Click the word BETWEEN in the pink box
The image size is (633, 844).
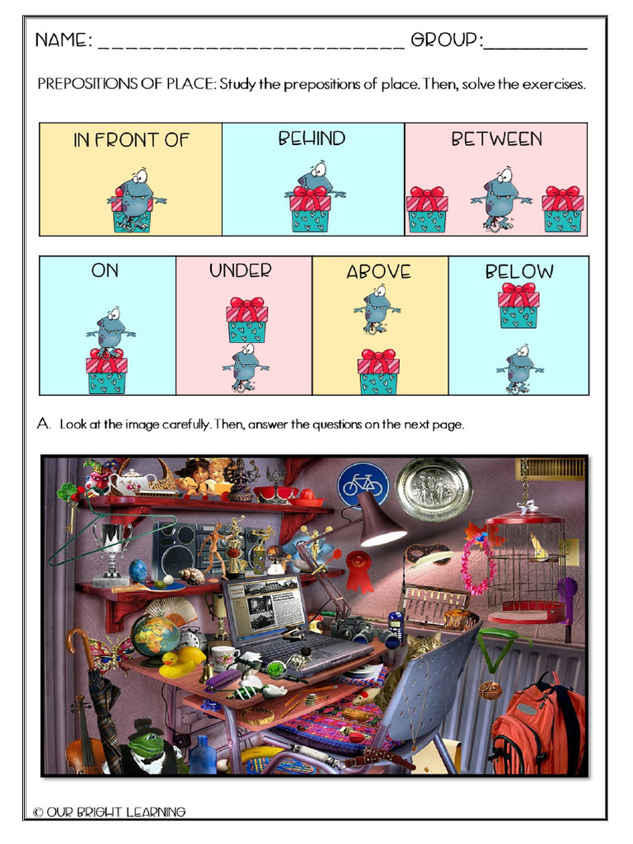pyautogui.click(x=496, y=138)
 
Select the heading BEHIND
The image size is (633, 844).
pyautogui.click(x=312, y=138)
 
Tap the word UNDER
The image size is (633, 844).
pyautogui.click(x=240, y=270)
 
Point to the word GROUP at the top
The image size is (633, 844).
pyautogui.click(x=446, y=40)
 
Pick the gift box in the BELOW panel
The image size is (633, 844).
pyautogui.click(x=518, y=305)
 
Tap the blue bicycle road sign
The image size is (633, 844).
pyautogui.click(x=362, y=484)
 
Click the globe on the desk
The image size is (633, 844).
pyautogui.click(x=154, y=635)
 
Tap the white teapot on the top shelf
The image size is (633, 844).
pyautogui.click(x=134, y=481)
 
